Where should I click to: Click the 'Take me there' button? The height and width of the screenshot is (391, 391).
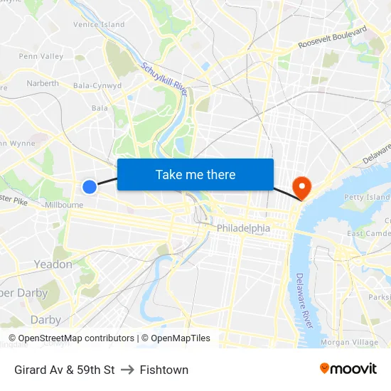tap(195, 174)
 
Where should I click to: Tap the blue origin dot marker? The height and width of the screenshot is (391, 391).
tap(90, 187)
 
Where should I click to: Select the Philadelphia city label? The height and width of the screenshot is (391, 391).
tap(243, 228)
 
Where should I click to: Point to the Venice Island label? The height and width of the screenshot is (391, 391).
tap(99, 24)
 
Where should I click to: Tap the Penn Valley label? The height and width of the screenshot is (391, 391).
tap(41, 56)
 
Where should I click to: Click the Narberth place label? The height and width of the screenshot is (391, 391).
tap(43, 83)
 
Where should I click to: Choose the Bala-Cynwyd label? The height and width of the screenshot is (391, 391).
tap(97, 86)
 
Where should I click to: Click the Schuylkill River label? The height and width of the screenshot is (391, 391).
tap(164, 80)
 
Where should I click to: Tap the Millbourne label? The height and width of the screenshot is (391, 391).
tap(64, 204)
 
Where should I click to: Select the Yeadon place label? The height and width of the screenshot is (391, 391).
tap(53, 264)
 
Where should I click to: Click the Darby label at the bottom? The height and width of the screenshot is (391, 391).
tap(45, 320)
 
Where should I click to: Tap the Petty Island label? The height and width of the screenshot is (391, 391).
tap(367, 197)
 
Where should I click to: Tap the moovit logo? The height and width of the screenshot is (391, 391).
tap(348, 369)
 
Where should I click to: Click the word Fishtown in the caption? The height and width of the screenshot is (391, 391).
tap(164, 370)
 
